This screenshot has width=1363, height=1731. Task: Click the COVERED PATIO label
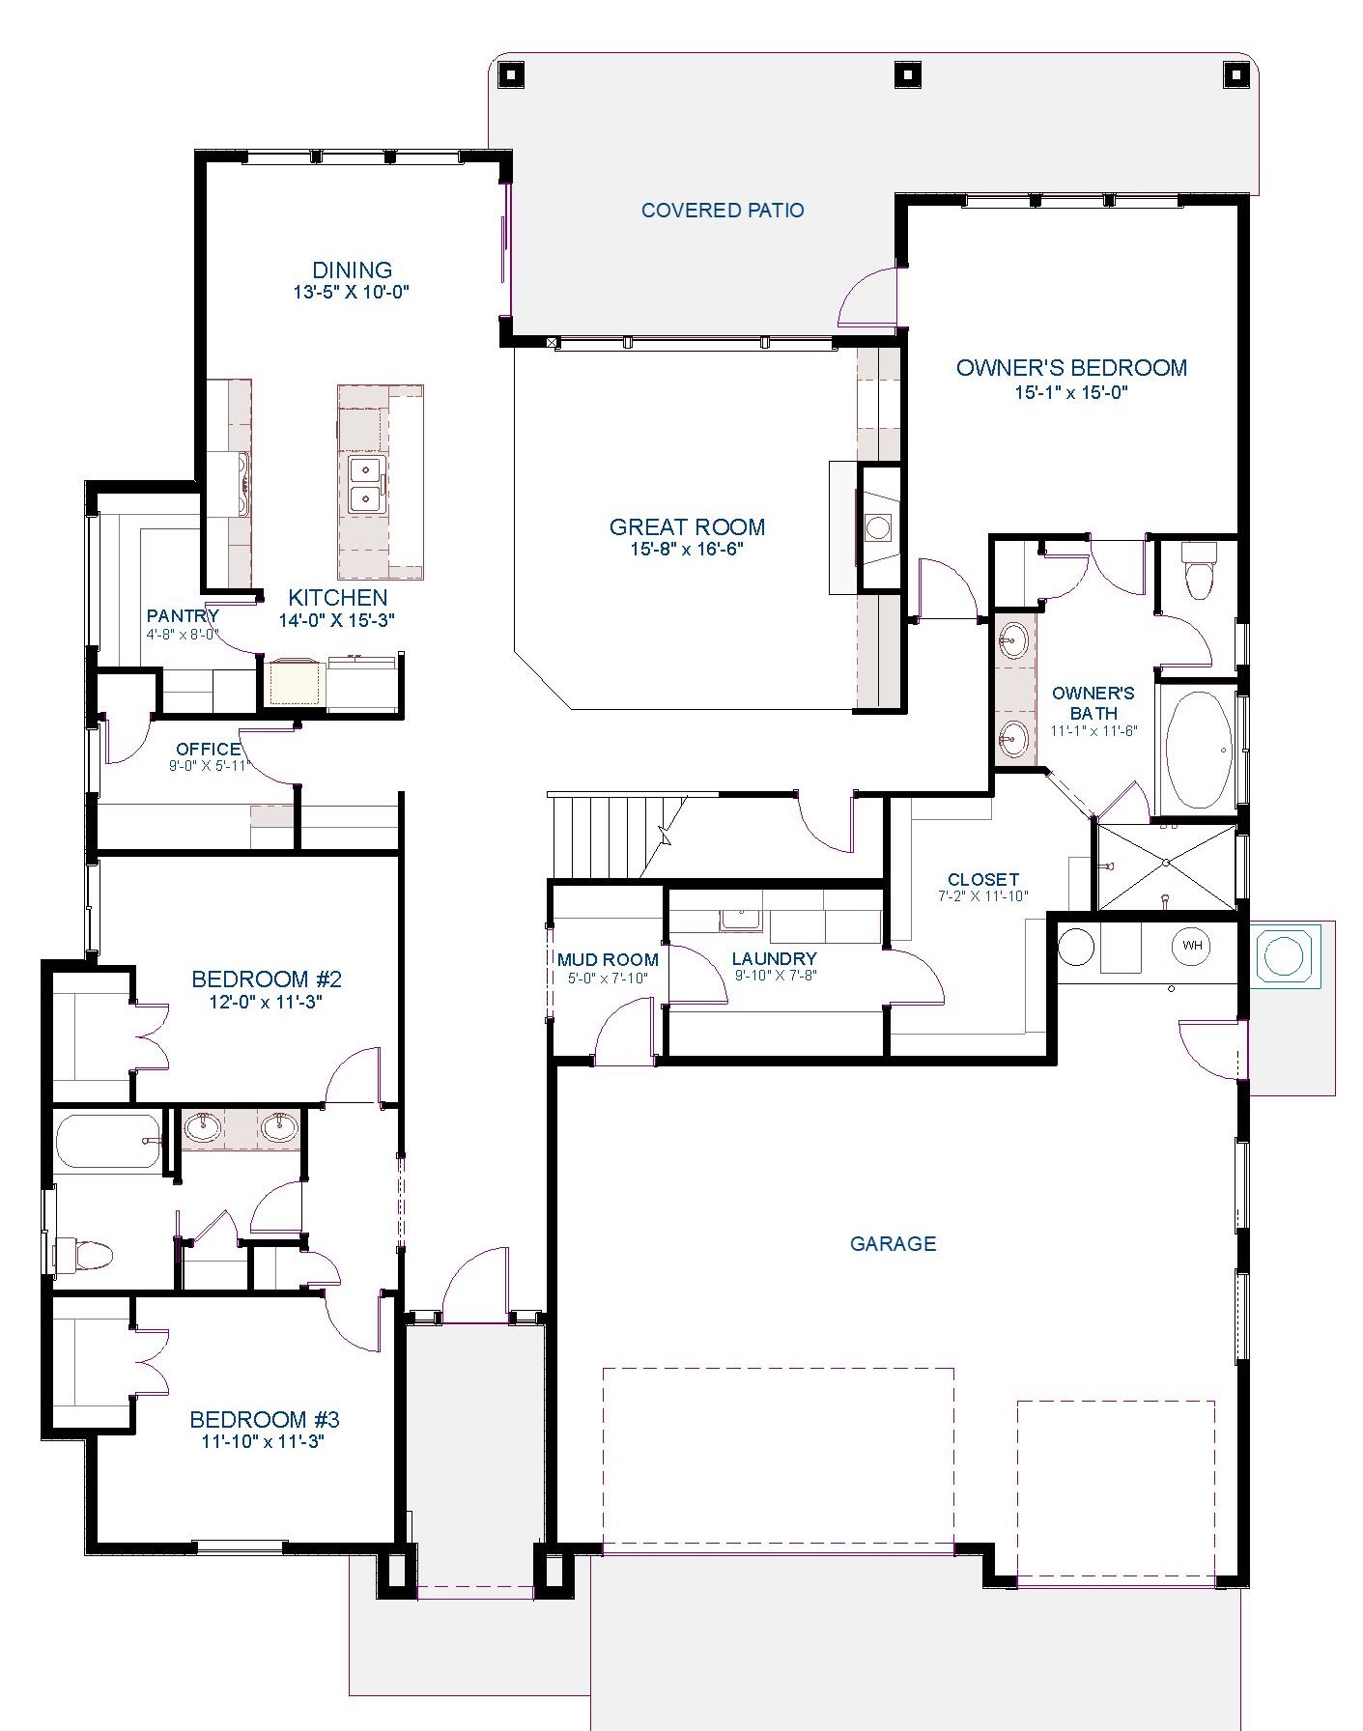tap(723, 210)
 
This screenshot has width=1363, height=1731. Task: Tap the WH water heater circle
tap(1192, 946)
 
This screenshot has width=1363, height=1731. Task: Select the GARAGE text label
tap(893, 1243)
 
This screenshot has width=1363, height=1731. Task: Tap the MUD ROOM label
tap(608, 960)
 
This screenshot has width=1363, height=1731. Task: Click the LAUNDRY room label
tap(775, 958)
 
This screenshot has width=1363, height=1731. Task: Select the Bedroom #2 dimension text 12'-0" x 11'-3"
tap(266, 1002)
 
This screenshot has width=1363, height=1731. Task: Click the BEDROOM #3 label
tap(265, 1419)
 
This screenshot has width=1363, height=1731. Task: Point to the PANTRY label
tap(183, 615)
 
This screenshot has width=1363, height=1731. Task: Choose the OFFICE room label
tap(209, 749)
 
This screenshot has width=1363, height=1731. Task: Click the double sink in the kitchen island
tap(367, 486)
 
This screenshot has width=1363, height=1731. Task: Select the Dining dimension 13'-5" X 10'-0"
tap(352, 292)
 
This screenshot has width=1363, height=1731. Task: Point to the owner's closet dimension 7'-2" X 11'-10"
tap(983, 895)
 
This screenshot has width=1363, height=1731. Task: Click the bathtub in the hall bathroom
tap(108, 1142)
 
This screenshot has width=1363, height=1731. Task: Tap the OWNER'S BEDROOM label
tap(1071, 367)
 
